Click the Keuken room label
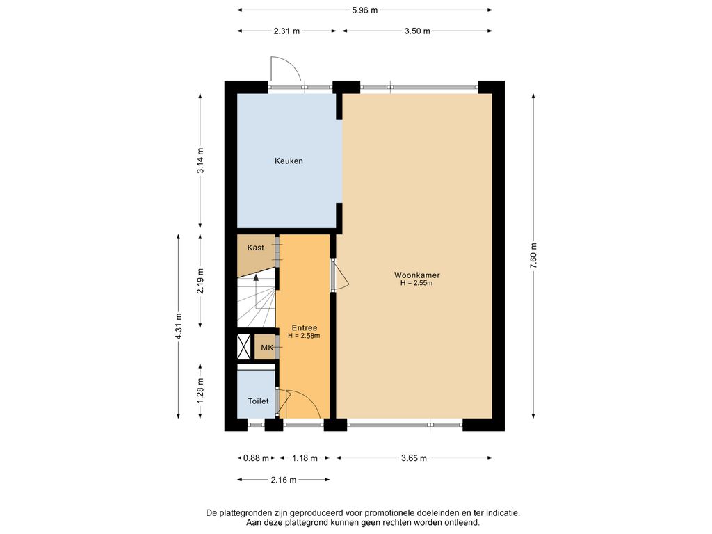289,161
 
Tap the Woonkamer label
416,275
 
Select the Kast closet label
255,248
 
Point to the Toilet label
258,401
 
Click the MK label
267,348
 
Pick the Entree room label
305,328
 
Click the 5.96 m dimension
364,10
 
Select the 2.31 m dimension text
286,31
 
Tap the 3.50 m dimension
417,31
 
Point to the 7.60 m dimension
533,256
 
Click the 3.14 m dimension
201,161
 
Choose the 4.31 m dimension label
179,327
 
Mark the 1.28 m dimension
201,391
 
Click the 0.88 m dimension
256,458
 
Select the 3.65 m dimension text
414,458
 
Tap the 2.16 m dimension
284,480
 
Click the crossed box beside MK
244,348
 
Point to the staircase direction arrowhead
256,278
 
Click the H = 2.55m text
416,284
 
